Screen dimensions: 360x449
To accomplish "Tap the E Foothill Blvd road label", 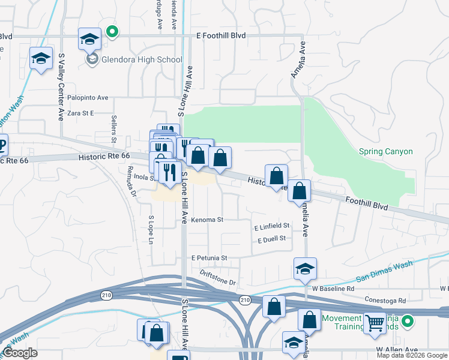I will click(221, 36).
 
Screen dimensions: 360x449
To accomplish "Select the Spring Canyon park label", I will click(385, 152).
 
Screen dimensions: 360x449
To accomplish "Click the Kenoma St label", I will click(207, 220).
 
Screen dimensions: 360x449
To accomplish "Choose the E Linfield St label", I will click(272, 226).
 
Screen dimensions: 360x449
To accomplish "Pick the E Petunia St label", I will click(209, 258).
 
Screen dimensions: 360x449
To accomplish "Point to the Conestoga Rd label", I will click(385, 300).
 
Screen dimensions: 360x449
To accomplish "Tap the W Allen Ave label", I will click(396, 349).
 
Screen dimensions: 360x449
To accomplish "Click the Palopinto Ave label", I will click(87, 97).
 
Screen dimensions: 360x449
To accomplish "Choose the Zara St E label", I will click(82, 113).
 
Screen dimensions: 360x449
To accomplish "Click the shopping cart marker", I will click(375, 323).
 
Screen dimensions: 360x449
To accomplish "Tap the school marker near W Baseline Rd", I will click(305, 268).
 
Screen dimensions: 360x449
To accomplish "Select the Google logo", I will click(20, 353).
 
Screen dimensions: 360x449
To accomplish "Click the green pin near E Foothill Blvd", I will click(111, 32).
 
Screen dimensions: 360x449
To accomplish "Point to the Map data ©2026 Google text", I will click(412, 355).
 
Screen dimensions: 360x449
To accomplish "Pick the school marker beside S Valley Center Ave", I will click(40, 59).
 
